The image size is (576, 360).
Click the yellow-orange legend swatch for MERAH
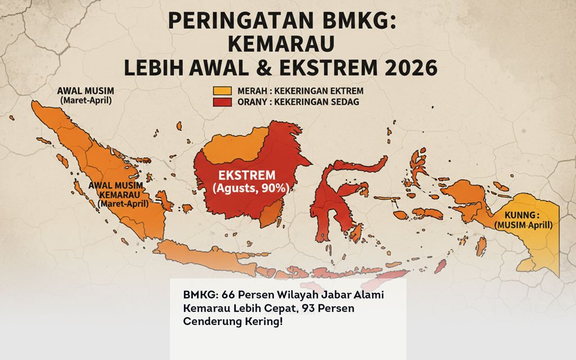pos(222,91)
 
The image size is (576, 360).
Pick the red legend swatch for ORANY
pos(222,102)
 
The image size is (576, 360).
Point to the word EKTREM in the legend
pos(343,91)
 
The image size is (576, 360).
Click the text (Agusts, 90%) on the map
pos(251,188)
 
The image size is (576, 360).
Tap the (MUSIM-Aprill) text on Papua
pos(523,225)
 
